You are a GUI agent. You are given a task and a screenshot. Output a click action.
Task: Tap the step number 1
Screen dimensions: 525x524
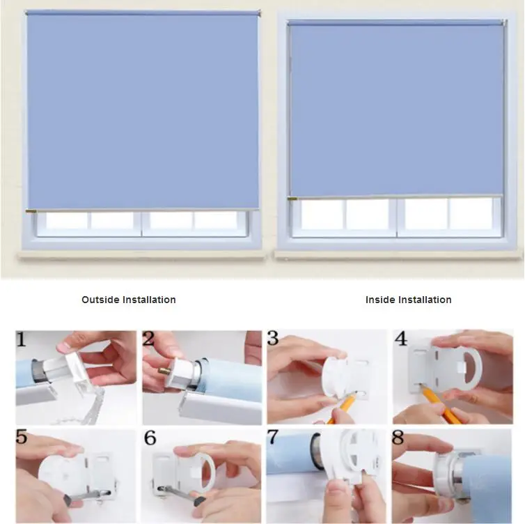[21, 339]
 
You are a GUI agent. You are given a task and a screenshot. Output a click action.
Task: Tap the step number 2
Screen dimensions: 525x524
[148, 339]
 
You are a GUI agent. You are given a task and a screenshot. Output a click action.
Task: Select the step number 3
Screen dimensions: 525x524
[273, 339]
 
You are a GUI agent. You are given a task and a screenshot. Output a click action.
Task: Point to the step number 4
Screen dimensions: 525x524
[400, 339]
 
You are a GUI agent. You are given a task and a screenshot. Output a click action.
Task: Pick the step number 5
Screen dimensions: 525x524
[22, 438]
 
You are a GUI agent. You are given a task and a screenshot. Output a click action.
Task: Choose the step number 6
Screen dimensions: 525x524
[150, 438]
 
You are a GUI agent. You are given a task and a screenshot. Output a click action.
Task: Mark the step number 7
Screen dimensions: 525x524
[272, 437]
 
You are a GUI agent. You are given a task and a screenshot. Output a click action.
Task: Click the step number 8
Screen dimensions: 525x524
[398, 437]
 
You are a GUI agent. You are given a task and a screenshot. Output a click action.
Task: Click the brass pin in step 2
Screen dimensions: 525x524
[164, 371]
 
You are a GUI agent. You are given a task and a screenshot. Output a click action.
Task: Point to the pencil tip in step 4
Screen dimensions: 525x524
[421, 385]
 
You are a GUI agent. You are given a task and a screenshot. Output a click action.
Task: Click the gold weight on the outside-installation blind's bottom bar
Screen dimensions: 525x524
[31, 211]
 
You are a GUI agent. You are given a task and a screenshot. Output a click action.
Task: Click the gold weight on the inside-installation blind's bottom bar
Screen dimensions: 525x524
[292, 199]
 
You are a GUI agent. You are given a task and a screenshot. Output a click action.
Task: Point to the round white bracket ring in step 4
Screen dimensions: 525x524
[476, 369]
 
